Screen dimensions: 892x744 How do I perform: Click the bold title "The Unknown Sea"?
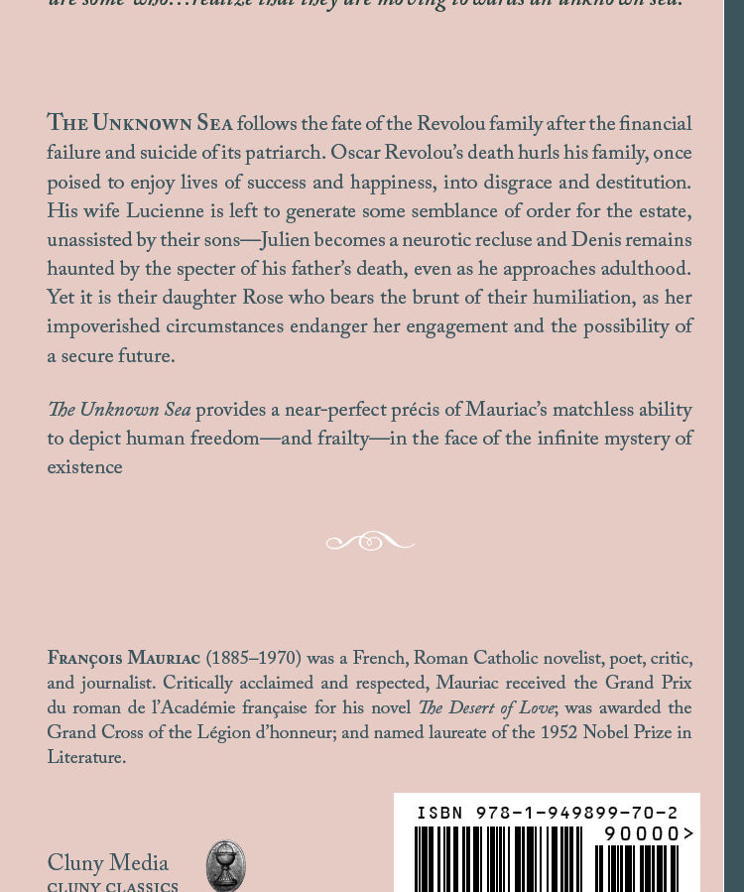[x=140, y=124]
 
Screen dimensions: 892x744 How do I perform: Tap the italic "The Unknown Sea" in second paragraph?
[x=119, y=411]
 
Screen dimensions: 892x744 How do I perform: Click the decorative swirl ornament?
[x=370, y=542]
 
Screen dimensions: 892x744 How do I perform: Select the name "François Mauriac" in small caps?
[x=124, y=659]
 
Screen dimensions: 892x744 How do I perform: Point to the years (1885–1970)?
[x=253, y=659]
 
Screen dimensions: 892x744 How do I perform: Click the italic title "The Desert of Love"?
[x=486, y=708]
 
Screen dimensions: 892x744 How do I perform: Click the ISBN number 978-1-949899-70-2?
[x=576, y=814]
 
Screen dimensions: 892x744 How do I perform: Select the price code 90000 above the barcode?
[x=642, y=833]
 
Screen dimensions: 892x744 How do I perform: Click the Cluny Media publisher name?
[x=108, y=863]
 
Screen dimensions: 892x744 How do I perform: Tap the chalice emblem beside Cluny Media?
[x=225, y=866]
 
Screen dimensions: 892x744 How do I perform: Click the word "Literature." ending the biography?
[x=86, y=758]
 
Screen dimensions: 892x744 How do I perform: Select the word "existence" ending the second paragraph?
[x=85, y=468]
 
